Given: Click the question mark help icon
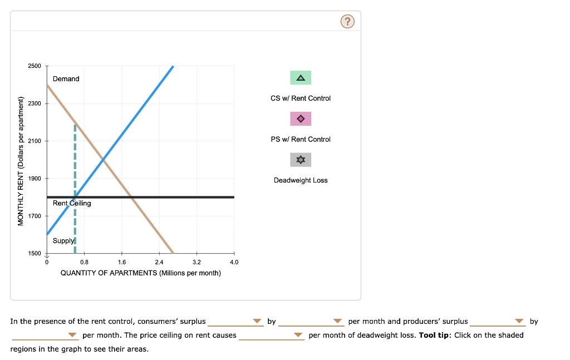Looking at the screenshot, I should (347, 22).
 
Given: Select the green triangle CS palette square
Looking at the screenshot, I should (301, 78).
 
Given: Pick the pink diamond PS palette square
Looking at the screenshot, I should (301, 119).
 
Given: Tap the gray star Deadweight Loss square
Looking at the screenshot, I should (301, 160).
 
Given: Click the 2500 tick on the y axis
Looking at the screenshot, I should (35, 66).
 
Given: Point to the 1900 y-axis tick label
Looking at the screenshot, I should (35, 179).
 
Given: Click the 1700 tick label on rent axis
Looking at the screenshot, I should (35, 216).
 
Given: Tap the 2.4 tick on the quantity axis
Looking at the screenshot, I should (159, 262).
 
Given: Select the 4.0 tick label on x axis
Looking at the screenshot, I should (234, 262).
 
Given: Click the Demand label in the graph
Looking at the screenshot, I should (66, 79).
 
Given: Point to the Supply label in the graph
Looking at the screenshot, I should (63, 241).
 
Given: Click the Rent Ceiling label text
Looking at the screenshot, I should (72, 203).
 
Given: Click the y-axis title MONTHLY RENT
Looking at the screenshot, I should (21, 161).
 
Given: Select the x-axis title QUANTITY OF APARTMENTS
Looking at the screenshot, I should (140, 273).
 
